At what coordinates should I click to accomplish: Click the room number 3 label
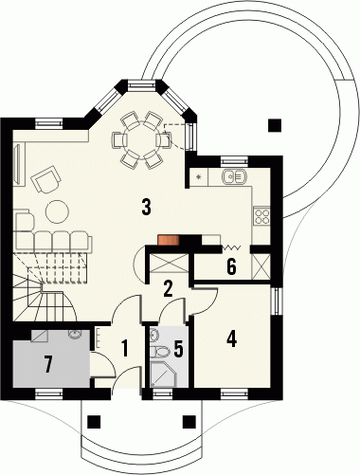146,207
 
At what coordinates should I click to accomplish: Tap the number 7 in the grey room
47,364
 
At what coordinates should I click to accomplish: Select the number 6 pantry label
231,267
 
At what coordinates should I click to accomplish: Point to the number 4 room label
231,339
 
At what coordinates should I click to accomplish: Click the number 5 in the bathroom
178,349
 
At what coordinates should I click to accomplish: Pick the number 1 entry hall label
125,348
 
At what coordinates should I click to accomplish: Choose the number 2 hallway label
168,288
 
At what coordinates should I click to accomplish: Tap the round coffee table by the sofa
58,211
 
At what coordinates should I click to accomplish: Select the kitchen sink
234,176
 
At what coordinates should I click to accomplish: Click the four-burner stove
261,215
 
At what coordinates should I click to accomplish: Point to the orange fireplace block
169,240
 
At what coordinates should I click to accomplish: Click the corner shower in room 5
164,375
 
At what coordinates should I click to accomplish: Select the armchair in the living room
45,180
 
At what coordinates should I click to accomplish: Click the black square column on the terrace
275,125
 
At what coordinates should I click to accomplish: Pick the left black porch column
94,422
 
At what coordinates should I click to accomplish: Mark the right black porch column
189,422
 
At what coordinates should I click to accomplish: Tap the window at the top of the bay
140,84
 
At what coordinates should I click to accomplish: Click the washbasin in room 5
153,336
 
